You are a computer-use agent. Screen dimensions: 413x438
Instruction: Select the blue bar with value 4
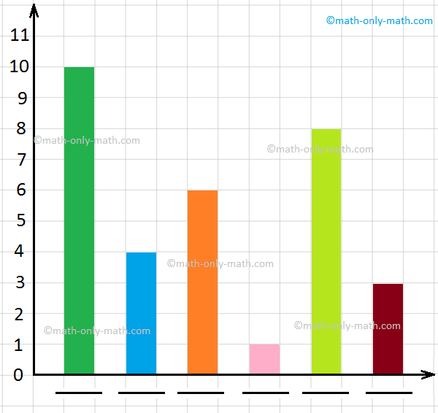(141, 313)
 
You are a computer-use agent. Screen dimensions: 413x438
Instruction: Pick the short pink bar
(264, 359)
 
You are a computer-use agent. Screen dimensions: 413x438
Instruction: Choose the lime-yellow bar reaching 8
(326, 252)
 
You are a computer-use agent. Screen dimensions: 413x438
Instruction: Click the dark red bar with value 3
(388, 328)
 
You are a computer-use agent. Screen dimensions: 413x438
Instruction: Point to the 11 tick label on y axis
(19, 35)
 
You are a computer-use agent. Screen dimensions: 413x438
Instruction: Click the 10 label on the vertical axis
(19, 66)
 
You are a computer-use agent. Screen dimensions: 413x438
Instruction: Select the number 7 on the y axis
(19, 159)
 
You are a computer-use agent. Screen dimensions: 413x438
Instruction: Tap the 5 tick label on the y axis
(19, 220)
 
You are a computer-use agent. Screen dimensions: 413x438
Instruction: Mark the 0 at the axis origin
(19, 374)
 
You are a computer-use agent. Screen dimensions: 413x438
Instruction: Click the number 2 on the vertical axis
(19, 313)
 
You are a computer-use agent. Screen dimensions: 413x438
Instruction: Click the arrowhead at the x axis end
(429, 374)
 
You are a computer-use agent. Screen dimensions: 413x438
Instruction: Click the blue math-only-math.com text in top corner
(379, 20)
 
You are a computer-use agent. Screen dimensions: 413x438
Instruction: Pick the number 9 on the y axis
(19, 97)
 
